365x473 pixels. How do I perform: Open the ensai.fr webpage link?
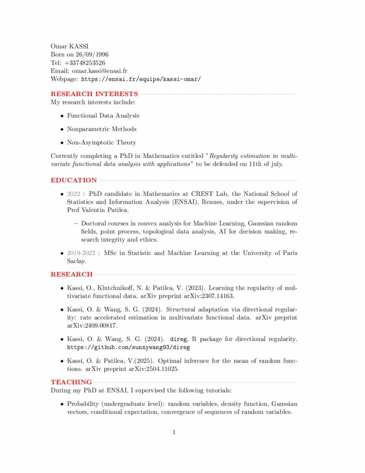click(x=141, y=79)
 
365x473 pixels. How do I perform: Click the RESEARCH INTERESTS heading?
click(x=94, y=94)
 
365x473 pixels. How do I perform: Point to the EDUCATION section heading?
click(x=74, y=180)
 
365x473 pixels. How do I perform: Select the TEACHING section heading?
click(x=71, y=382)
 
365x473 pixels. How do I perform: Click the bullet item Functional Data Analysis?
click(x=103, y=115)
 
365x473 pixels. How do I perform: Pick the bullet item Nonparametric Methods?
click(x=102, y=129)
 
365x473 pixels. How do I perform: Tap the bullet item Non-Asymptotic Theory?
click(x=102, y=142)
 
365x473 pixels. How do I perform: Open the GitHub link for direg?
click(x=128, y=347)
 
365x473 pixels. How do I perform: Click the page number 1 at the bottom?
click(x=174, y=432)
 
